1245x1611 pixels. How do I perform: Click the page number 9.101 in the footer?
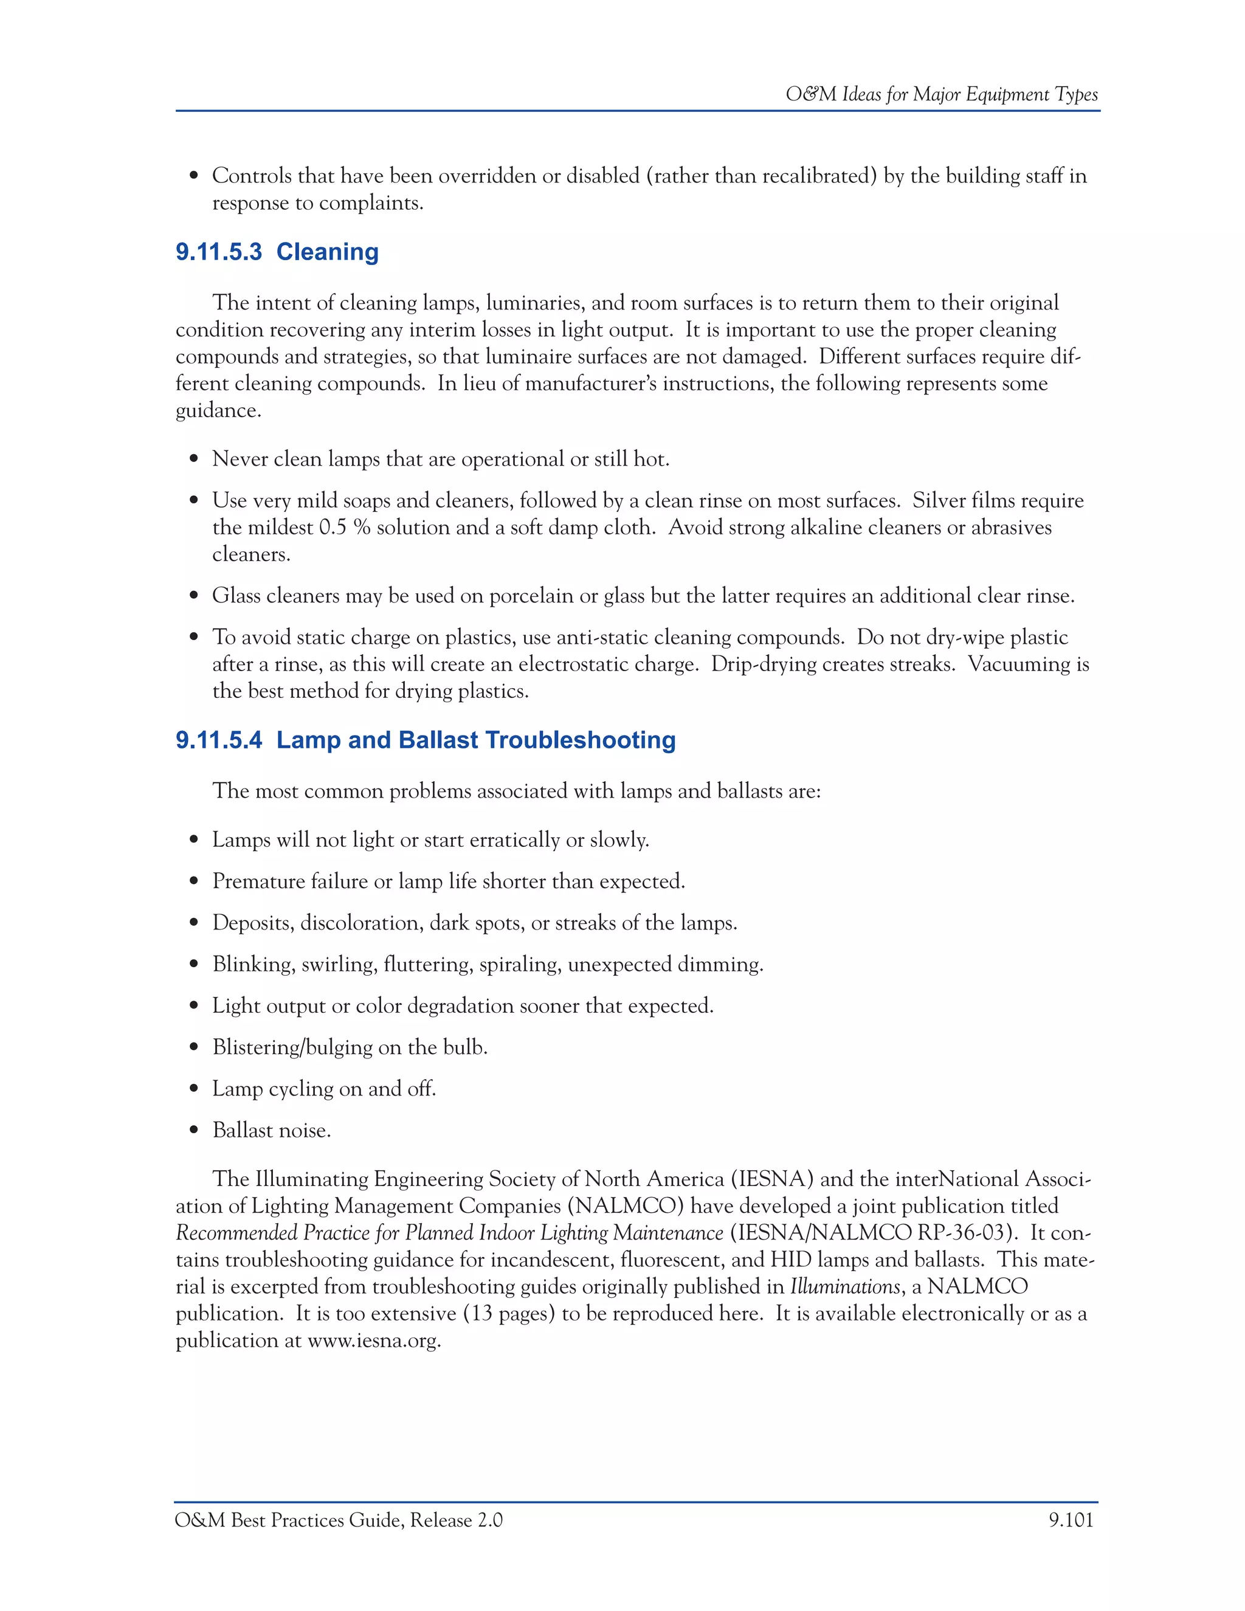click(x=1071, y=1520)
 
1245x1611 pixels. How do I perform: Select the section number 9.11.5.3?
click(x=218, y=252)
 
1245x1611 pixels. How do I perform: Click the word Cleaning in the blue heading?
click(x=328, y=252)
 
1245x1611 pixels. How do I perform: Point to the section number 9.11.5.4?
click(x=218, y=740)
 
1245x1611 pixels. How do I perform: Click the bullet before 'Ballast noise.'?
click(x=194, y=1131)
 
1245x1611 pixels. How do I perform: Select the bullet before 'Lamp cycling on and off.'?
click(x=194, y=1089)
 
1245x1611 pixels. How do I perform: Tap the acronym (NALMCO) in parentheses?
click(x=625, y=1206)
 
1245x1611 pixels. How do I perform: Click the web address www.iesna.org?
click(x=374, y=1340)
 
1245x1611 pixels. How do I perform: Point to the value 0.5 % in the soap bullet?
click(x=345, y=528)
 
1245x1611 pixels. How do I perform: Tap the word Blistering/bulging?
click(x=286, y=1047)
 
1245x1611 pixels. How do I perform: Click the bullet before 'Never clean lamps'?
click(x=194, y=460)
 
